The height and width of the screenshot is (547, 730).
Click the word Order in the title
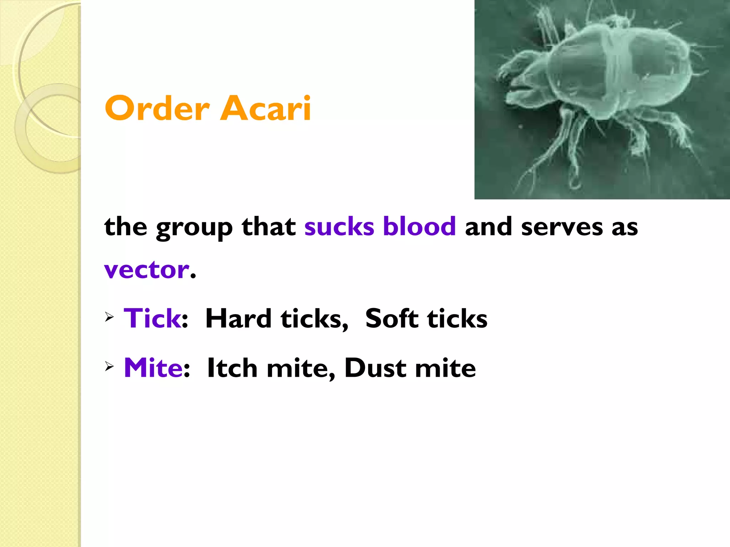tap(157, 108)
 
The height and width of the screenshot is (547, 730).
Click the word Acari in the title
tap(266, 108)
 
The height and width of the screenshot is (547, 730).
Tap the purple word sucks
tap(339, 226)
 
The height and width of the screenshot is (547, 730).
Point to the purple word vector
tap(146, 270)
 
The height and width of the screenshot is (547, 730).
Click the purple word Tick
tap(152, 318)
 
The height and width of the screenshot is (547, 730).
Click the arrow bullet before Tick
tap(109, 316)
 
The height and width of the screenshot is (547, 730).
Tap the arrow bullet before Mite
tap(109, 366)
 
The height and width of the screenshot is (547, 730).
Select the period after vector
tap(193, 276)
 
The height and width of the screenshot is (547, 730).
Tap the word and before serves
tap(489, 226)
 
